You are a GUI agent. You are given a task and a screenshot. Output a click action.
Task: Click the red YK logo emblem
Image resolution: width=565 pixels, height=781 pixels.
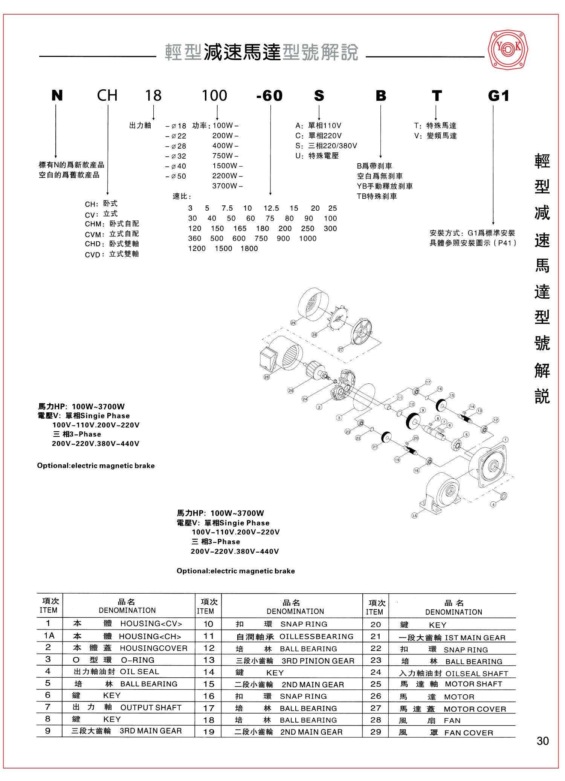(x=508, y=49)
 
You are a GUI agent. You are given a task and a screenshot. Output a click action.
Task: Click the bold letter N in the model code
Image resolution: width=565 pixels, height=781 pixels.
(x=57, y=96)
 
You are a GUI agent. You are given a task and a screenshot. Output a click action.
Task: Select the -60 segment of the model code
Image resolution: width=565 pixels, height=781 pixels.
(x=269, y=96)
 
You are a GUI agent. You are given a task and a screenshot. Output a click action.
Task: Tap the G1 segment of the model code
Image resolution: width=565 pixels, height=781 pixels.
(x=498, y=96)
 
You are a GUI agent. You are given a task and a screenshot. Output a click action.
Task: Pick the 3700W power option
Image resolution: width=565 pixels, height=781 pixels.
(x=225, y=186)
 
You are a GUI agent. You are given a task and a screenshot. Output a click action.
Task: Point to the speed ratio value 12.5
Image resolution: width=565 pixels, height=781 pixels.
(x=271, y=208)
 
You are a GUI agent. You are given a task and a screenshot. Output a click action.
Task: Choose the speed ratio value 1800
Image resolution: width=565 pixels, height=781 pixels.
(x=249, y=248)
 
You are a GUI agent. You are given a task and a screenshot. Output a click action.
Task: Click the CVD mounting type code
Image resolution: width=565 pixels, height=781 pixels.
(x=92, y=254)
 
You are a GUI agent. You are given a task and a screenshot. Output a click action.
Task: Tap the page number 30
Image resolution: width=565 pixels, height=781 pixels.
(x=542, y=741)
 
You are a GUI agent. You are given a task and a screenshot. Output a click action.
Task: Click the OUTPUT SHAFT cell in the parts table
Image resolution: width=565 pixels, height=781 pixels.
(x=151, y=707)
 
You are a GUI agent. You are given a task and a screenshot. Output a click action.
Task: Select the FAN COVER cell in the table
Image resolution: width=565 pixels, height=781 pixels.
(x=469, y=733)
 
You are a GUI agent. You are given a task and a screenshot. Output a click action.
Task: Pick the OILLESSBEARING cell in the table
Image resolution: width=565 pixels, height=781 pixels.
(x=316, y=637)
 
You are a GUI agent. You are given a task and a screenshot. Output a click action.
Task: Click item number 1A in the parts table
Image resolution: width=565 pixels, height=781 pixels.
(x=49, y=636)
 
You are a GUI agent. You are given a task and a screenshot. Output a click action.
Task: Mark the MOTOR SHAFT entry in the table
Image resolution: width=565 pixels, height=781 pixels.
(x=473, y=684)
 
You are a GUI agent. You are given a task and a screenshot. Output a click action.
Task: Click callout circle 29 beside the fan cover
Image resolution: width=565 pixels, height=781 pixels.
(x=293, y=323)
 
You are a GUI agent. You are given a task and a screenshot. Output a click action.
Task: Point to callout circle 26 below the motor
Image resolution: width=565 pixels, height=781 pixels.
(x=267, y=377)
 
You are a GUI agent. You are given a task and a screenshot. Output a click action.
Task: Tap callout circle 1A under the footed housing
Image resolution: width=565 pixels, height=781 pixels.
(x=414, y=516)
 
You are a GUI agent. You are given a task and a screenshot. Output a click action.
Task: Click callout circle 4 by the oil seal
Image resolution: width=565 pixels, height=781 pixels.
(x=493, y=504)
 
